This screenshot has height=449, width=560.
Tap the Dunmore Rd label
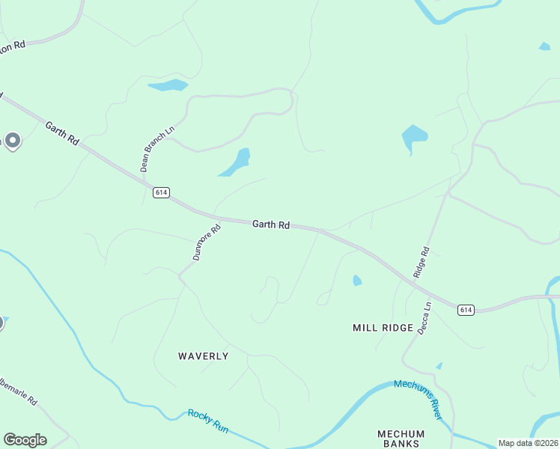(x=207, y=242)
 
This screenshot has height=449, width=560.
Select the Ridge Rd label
(x=421, y=263)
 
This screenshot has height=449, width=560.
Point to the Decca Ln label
(x=425, y=318)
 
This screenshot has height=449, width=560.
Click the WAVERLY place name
(x=203, y=356)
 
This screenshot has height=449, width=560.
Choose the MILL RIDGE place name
(x=383, y=328)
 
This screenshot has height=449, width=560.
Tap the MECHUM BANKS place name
(x=401, y=439)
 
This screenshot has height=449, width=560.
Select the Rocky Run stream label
(x=207, y=421)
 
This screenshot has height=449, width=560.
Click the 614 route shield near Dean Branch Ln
(x=161, y=192)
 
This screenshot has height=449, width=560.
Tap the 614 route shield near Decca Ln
(x=466, y=309)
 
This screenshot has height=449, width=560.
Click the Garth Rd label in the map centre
(x=271, y=224)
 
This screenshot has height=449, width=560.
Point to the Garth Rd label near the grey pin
(x=61, y=133)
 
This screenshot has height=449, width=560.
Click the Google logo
(x=25, y=440)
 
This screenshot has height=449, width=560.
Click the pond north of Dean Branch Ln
(x=168, y=85)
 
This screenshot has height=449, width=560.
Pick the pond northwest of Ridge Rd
(x=413, y=137)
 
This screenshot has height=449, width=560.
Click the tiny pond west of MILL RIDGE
(x=357, y=281)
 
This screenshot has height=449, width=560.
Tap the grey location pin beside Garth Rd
(x=12, y=140)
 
